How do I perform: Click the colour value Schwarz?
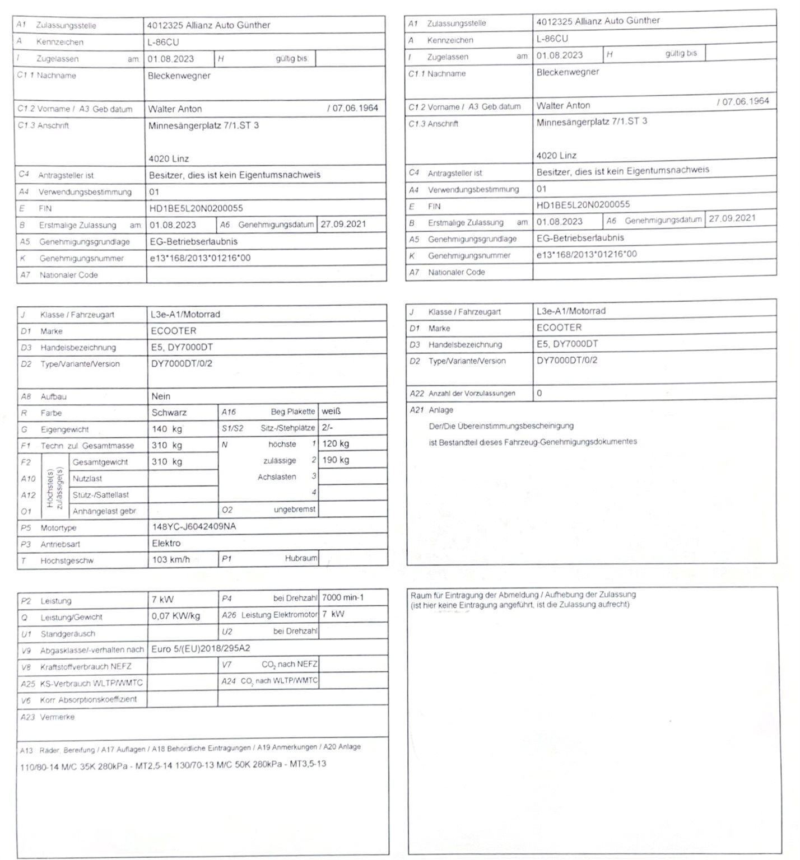(169, 413)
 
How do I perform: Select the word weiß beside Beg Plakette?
(331, 412)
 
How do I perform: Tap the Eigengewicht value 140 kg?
(167, 429)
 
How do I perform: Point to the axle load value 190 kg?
(336, 460)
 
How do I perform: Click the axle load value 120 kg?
(336, 444)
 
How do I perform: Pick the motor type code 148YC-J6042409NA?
(194, 527)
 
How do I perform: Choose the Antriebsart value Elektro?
(166, 543)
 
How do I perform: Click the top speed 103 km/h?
(171, 559)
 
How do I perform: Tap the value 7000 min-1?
(343, 598)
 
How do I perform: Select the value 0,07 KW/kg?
(175, 616)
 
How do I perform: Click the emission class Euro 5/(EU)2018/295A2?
(201, 649)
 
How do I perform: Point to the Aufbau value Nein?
(161, 396)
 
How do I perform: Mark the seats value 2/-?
(327, 428)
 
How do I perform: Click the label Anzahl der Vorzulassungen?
(472, 394)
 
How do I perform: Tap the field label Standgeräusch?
(68, 634)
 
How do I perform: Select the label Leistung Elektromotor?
(280, 615)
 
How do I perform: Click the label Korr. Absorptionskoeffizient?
(89, 700)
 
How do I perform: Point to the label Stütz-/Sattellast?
(101, 495)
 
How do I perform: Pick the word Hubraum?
(301, 558)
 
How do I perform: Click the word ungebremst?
(295, 510)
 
